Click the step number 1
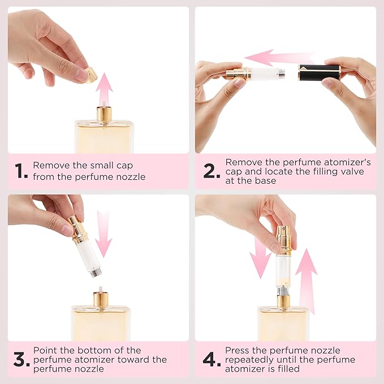pyautogui.click(x=21, y=171)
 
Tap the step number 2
pyautogui.click(x=210, y=171)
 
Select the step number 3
pyautogui.click(x=21, y=359)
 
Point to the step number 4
pyautogui.click(x=210, y=359)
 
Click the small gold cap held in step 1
pyautogui.click(x=90, y=74)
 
